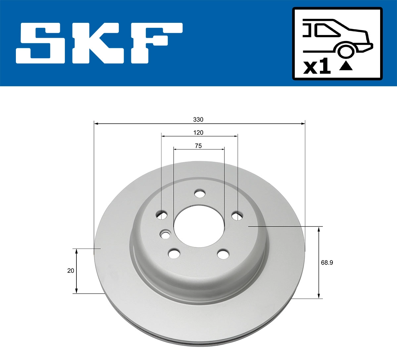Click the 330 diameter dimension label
pyautogui.click(x=198, y=119)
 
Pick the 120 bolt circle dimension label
pyautogui.click(x=198, y=133)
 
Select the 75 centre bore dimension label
pyautogui.click(x=198, y=146)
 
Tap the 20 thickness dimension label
pyautogui.click(x=70, y=270)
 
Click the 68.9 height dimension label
pyautogui.click(x=327, y=263)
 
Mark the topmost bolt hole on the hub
pyautogui.click(x=199, y=193)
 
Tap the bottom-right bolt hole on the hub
pyautogui.click(x=223, y=254)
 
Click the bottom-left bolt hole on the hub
pyautogui.click(x=174, y=254)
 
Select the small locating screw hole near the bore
pyautogui.click(x=165, y=235)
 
